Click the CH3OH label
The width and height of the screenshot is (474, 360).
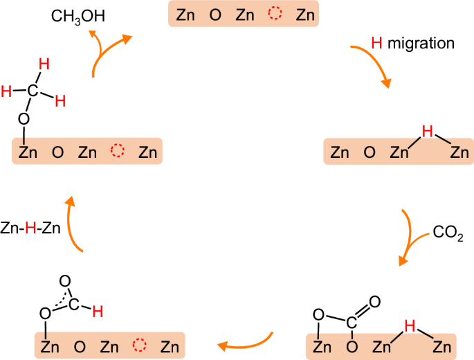[x=78, y=15]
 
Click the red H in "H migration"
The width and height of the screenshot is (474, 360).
[x=376, y=44]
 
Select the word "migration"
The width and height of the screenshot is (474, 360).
[x=421, y=44]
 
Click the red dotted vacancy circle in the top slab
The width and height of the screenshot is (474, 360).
[x=276, y=15]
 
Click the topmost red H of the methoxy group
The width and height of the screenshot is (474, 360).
[x=44, y=64]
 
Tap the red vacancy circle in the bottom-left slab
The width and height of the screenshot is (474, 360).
[x=140, y=345]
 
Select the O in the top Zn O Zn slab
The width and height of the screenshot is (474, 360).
[x=215, y=15]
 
